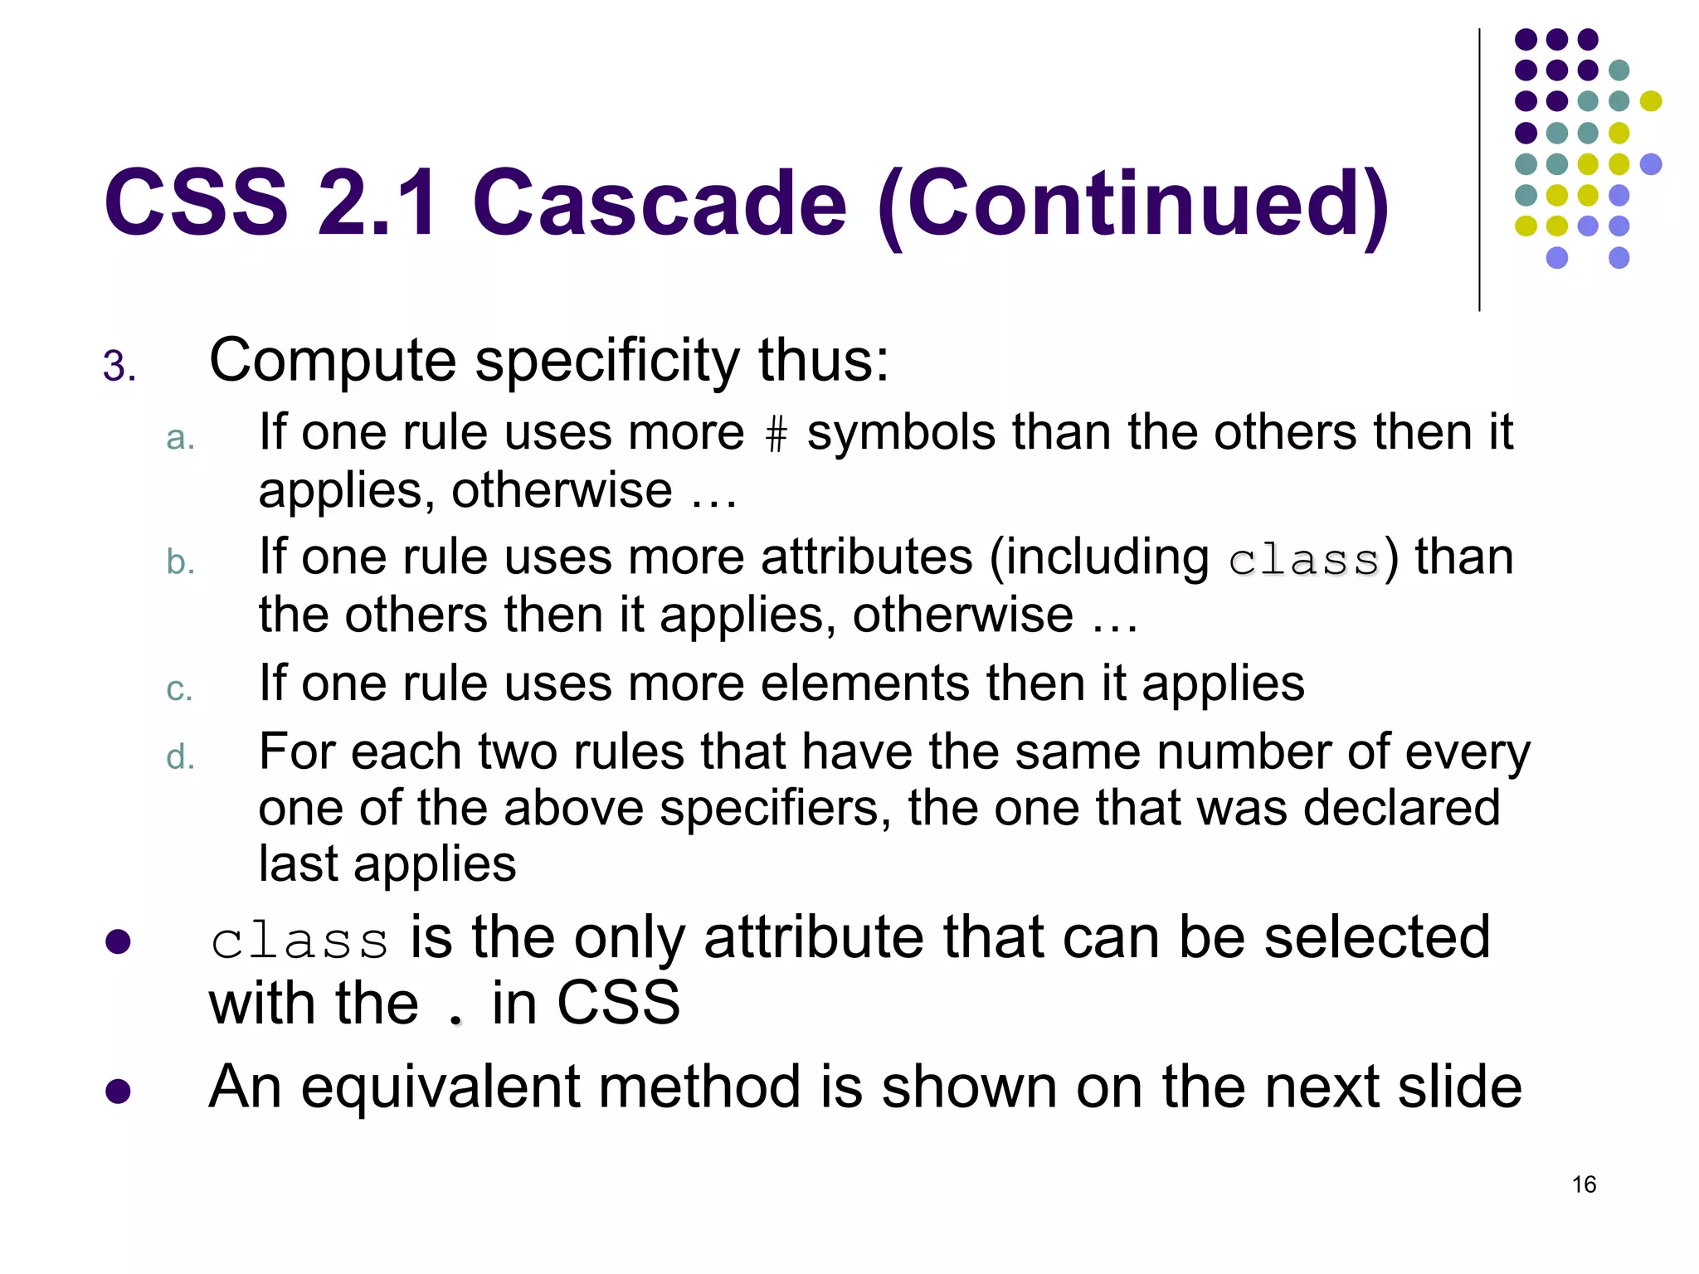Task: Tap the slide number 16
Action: (1584, 1184)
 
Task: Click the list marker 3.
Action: (119, 367)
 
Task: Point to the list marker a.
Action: (180, 439)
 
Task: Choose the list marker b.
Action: (180, 562)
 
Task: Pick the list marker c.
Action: (179, 689)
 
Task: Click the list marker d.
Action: (180, 757)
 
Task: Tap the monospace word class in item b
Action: (1304, 560)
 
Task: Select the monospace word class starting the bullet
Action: (299, 941)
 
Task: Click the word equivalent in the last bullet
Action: (440, 1087)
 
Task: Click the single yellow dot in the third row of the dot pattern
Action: (1650, 101)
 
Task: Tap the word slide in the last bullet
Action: (1459, 1087)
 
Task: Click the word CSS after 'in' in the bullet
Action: (618, 1003)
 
